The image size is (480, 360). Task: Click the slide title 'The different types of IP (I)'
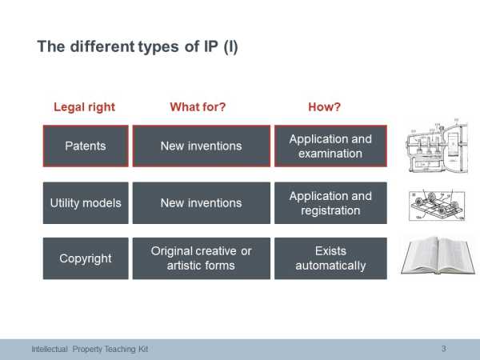point(138,47)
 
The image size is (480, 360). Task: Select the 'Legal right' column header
point(85,107)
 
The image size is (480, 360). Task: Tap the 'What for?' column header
point(198,107)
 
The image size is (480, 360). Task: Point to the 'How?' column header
point(324,107)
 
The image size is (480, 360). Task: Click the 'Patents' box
point(86,146)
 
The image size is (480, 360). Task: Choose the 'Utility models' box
point(86,203)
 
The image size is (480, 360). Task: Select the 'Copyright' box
point(86,258)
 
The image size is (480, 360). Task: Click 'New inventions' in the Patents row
point(202,146)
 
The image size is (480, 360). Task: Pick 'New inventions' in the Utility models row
point(202,203)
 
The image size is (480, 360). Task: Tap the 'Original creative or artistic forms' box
point(202,258)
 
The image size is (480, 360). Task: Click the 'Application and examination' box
point(330,146)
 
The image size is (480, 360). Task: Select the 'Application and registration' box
point(330,203)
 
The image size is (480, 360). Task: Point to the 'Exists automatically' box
point(330,258)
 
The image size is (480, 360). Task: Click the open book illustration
point(438,255)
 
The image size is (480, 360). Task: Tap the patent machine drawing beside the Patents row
point(437,146)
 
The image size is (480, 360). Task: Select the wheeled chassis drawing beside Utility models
point(437,205)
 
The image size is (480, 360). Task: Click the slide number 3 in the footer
point(443,349)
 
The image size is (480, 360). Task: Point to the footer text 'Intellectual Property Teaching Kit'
point(90,349)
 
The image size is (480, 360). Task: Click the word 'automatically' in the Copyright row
point(330,266)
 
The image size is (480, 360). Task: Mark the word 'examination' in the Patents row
point(330,154)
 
